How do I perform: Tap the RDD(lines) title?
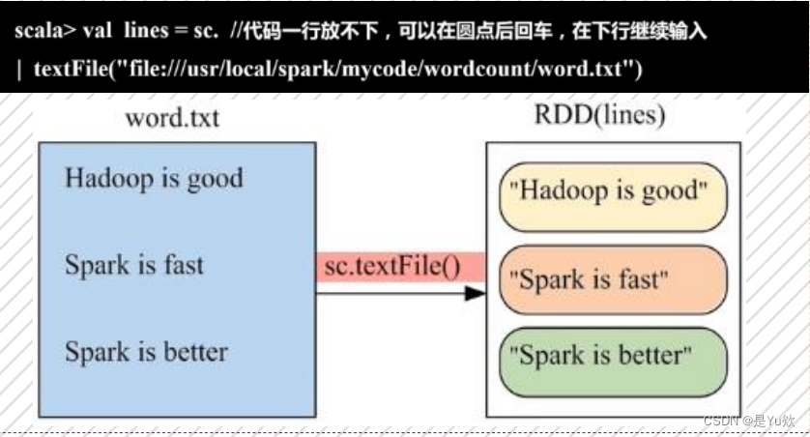599,115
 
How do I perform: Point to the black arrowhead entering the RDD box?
474,292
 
